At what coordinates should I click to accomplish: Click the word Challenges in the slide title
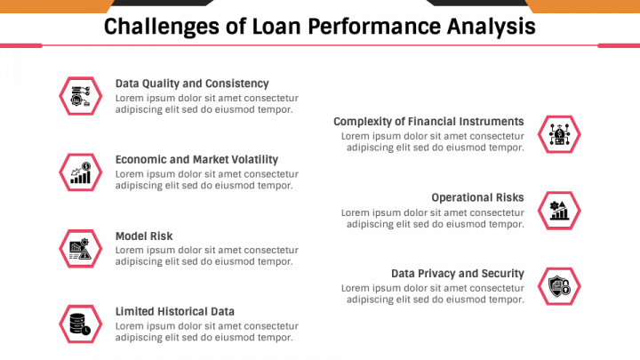click(x=162, y=27)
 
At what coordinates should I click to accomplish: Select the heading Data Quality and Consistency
click(x=192, y=84)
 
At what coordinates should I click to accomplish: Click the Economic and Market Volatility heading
click(x=196, y=160)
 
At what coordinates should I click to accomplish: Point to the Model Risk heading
click(x=144, y=236)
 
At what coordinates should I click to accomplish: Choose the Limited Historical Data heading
click(x=175, y=311)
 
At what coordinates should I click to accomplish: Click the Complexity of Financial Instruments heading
click(x=428, y=122)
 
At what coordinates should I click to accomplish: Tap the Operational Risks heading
click(x=477, y=197)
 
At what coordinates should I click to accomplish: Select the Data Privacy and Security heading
click(x=458, y=274)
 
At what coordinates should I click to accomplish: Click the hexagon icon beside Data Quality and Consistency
click(x=80, y=96)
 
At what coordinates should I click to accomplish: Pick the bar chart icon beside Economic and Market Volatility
click(x=80, y=172)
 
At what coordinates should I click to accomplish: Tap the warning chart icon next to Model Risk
click(x=80, y=249)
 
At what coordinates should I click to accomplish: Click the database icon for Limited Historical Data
click(x=80, y=324)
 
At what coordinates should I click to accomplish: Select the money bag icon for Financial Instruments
click(x=559, y=134)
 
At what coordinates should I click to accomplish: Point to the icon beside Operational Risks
click(x=559, y=211)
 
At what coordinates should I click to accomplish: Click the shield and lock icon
click(x=559, y=286)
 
